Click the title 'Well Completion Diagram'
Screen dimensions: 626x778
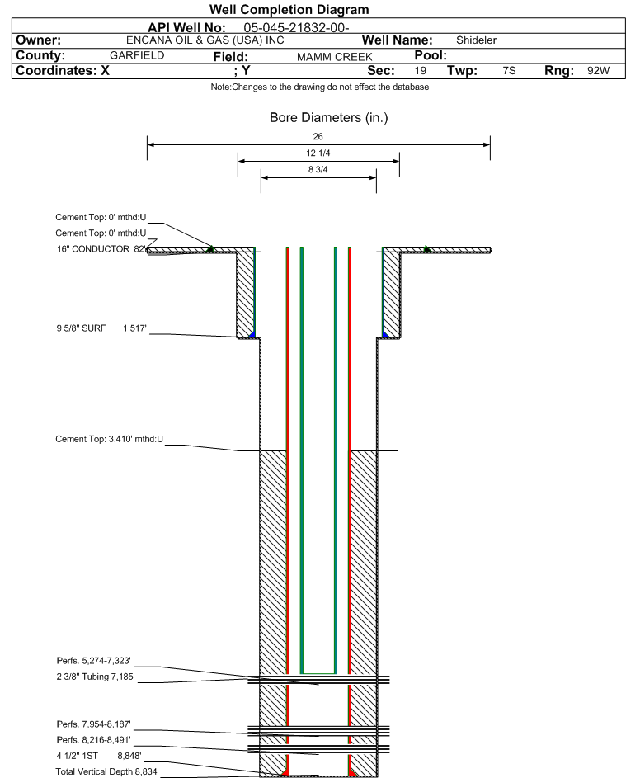coord(289,9)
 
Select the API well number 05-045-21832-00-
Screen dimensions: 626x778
coord(296,28)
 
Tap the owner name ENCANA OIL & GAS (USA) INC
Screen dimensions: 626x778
coord(205,40)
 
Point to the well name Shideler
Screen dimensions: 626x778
coord(476,40)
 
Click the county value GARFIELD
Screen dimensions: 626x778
coord(137,55)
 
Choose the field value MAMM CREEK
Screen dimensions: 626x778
coord(334,57)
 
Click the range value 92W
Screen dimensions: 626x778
coord(598,70)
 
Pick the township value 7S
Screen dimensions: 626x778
coord(509,70)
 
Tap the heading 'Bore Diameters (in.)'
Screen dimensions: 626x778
coord(329,118)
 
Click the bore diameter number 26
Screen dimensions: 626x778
coord(318,136)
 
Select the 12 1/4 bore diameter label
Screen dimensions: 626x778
coord(318,153)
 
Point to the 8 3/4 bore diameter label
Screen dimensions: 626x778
coord(318,170)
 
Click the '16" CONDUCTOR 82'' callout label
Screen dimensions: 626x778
coord(101,249)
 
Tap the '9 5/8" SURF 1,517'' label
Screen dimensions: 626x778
coord(101,328)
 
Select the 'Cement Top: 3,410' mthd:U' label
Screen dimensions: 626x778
coord(109,439)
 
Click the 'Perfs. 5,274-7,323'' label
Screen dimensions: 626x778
coord(94,661)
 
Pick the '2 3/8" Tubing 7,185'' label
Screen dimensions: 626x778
coord(96,677)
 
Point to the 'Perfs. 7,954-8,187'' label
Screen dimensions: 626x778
coord(94,724)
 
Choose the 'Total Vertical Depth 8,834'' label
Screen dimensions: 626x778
coord(107,771)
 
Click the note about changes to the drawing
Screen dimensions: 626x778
coord(320,87)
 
